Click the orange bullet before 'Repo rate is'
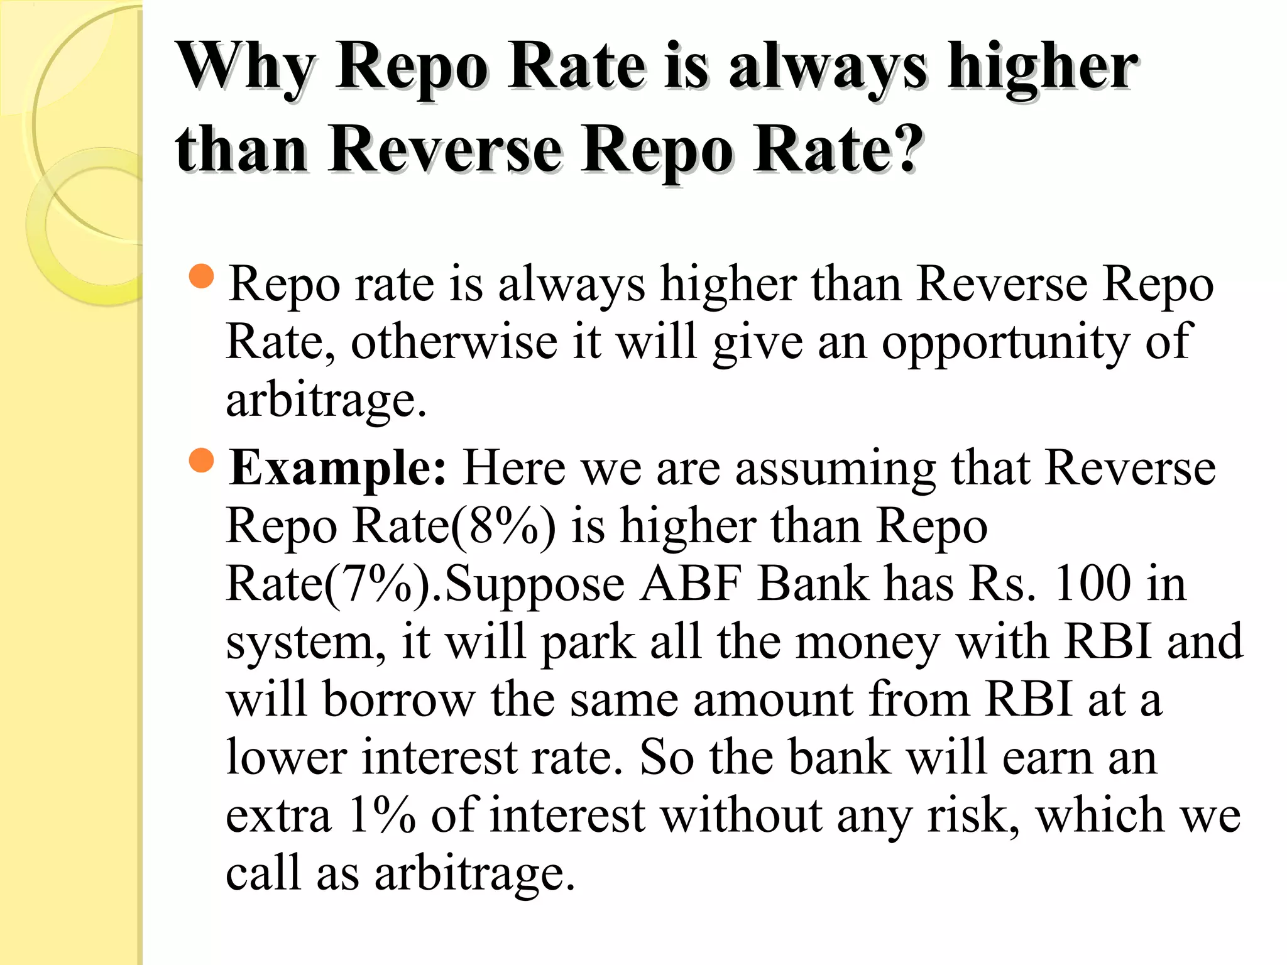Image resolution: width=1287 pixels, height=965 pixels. pos(201,276)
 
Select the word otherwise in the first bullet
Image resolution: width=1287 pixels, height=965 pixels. pos(454,343)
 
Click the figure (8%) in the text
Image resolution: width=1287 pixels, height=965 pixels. pos(503,526)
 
